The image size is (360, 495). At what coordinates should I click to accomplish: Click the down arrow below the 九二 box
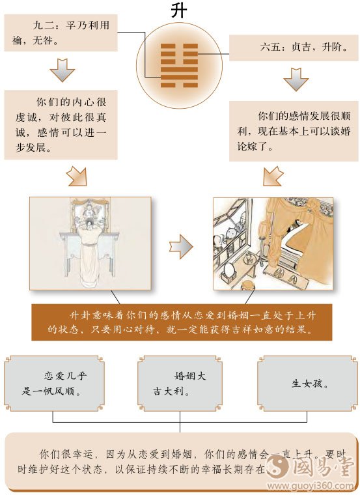tap(62, 70)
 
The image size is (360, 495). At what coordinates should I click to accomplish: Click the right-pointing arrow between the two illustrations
tap(181, 245)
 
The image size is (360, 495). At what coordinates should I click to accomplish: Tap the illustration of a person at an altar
tap(90, 244)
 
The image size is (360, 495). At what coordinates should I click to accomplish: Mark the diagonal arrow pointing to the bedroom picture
tap(273, 175)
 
